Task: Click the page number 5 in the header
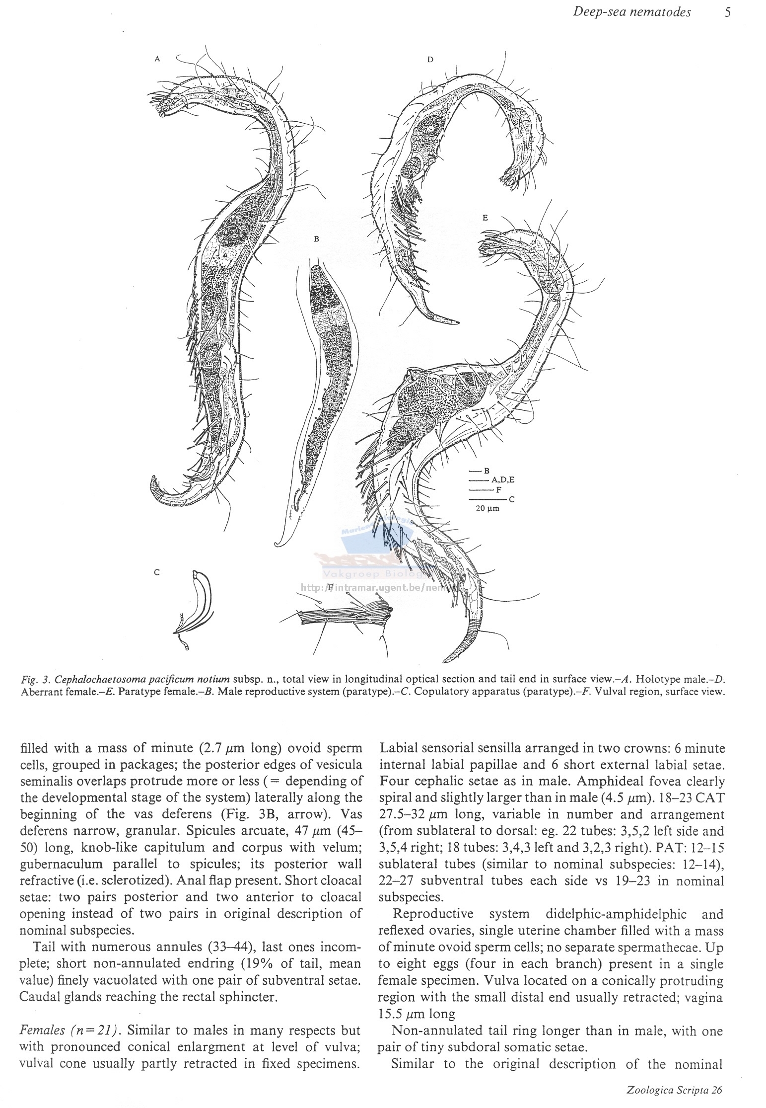727,12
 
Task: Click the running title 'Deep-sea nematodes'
631,12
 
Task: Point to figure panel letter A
157,59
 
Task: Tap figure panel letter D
430,60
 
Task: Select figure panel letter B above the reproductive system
316,239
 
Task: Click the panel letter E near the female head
485,218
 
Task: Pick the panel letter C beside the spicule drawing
157,572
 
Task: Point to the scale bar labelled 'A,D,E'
479,480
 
